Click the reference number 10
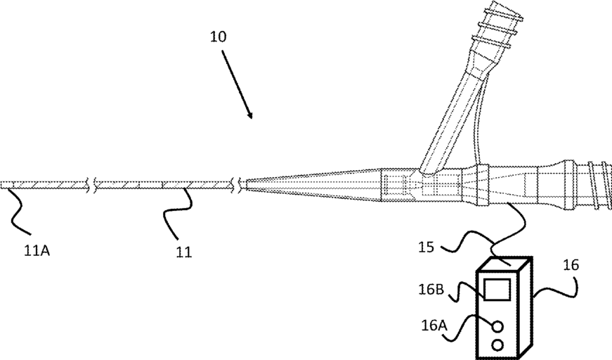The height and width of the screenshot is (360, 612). coord(219,37)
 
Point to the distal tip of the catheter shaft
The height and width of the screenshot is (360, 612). coord(3,186)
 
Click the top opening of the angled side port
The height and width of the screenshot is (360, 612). coord(505,13)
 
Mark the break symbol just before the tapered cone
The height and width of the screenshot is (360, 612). coord(242,186)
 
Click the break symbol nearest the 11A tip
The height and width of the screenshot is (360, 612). coord(91,186)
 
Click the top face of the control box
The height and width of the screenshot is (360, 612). coord(505,264)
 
